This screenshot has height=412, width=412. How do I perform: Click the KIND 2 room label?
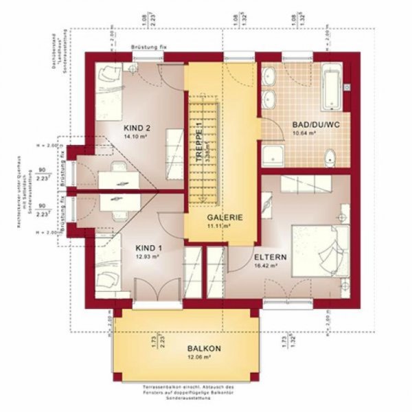[x=137, y=128]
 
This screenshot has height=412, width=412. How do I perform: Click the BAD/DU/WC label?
[x=312, y=125]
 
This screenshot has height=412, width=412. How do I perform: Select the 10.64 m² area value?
[x=304, y=133]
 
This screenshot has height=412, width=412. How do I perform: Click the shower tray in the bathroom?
[x=275, y=154]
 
